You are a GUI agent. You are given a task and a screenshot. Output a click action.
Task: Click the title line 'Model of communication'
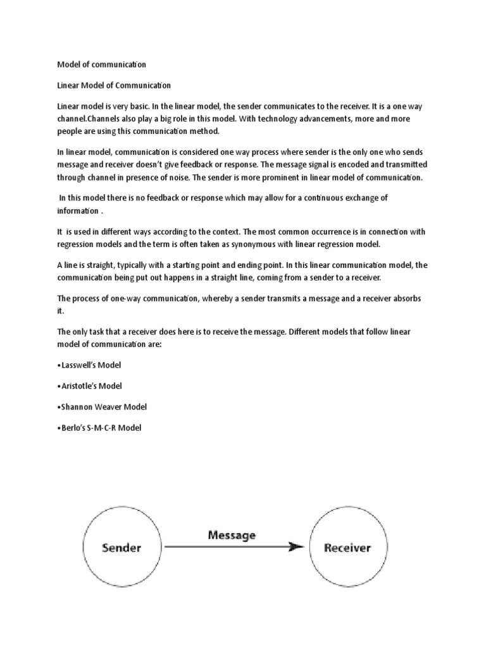[x=101, y=64]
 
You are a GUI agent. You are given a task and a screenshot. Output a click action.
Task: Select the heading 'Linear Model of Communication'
[x=114, y=85]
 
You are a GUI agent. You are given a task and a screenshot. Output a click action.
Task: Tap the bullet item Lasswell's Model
[x=89, y=365]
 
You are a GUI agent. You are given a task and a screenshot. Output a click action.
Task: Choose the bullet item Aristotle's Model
[x=90, y=385]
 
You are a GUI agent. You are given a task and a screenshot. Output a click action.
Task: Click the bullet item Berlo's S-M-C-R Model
[x=99, y=428]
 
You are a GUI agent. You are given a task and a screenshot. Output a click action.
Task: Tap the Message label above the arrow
[x=232, y=535]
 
